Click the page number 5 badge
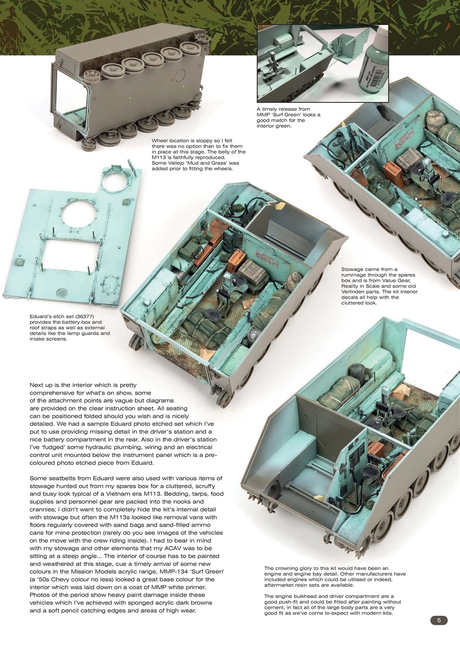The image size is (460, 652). [439, 620]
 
